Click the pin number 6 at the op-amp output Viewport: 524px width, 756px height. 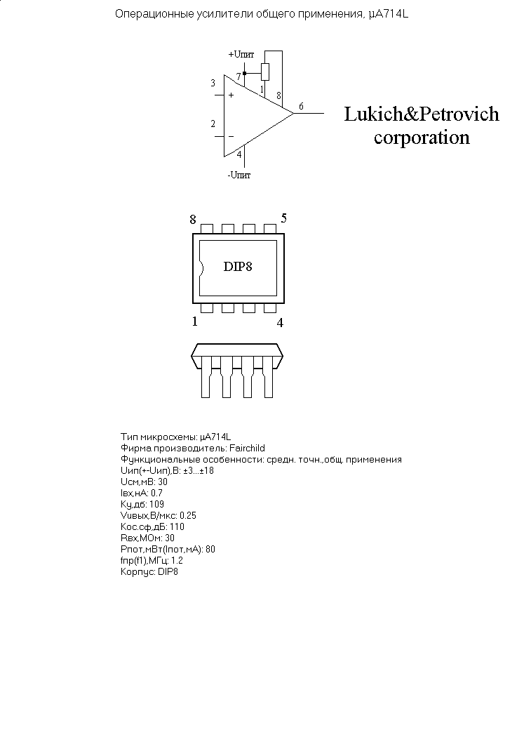pyautogui.click(x=301, y=106)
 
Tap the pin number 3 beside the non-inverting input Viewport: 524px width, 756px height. pyautogui.click(x=213, y=84)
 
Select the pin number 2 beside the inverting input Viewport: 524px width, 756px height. pyautogui.click(x=213, y=124)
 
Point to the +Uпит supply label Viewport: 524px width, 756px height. pyautogui.click(x=241, y=54)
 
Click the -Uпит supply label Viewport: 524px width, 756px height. pyautogui.click(x=239, y=175)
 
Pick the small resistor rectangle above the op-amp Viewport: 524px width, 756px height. pyautogui.click(x=264, y=71)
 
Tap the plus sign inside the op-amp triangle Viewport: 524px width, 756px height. pyautogui.click(x=231, y=95)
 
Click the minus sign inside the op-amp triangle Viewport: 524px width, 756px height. pyautogui.click(x=231, y=136)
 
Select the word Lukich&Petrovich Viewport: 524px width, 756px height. pyautogui.click(x=421, y=114)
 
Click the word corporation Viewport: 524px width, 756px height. pyautogui.click(x=422, y=138)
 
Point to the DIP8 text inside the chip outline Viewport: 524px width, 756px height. pyautogui.click(x=238, y=267)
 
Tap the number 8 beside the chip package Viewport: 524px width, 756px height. pyautogui.click(x=193, y=220)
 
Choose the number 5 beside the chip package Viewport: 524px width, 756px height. pyautogui.click(x=283, y=218)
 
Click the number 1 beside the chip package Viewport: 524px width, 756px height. pyautogui.click(x=194, y=322)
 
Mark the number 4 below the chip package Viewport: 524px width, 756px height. pyautogui.click(x=280, y=323)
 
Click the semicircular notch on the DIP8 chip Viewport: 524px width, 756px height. pyautogui.click(x=201, y=267)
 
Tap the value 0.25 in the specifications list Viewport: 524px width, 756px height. pyautogui.click(x=188, y=515)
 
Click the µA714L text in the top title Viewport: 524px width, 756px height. pyautogui.click(x=387, y=14)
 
